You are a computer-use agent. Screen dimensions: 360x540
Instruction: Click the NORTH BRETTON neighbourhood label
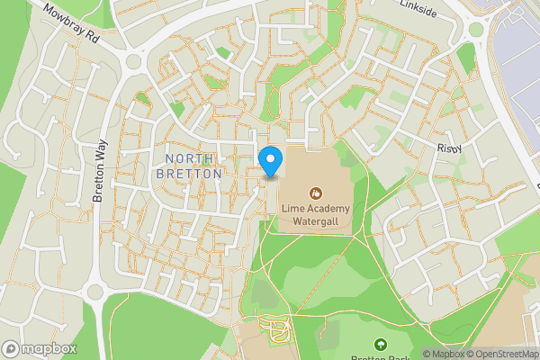pyautogui.click(x=189, y=165)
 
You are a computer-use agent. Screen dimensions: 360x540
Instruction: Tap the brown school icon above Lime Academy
pyautogui.click(x=315, y=192)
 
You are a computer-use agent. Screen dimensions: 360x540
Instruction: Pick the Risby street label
pyautogui.click(x=448, y=148)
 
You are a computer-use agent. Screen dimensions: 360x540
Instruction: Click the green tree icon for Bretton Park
pyautogui.click(x=380, y=344)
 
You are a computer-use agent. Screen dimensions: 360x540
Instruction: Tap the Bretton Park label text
pyautogui.click(x=380, y=356)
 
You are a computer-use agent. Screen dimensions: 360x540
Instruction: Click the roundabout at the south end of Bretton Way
pyautogui.click(x=96, y=292)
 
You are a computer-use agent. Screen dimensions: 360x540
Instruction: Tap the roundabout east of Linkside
pyautogui.click(x=476, y=30)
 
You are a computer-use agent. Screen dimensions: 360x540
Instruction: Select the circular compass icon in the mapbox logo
pyautogui.click(x=12, y=348)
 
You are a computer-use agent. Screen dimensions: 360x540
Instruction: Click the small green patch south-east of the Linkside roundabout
pyautogui.click(x=465, y=58)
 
